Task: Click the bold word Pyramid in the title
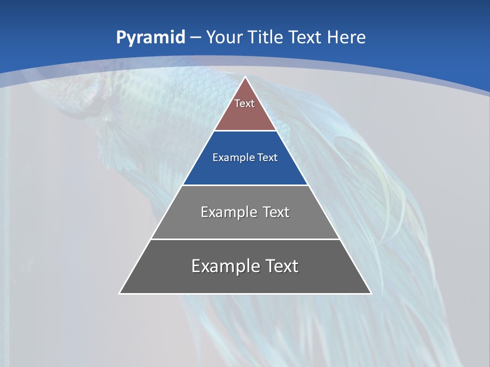point(151,38)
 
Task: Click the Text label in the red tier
point(244,103)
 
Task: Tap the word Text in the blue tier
point(268,158)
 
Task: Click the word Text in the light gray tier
point(276,212)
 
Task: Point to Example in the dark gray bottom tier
point(225,266)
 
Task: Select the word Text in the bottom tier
point(281,266)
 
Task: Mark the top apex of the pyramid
point(246,77)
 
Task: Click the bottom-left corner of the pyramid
point(120,293)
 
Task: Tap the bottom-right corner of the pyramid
point(371,293)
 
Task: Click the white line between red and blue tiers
point(246,131)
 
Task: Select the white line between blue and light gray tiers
point(246,185)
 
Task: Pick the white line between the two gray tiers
point(246,239)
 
